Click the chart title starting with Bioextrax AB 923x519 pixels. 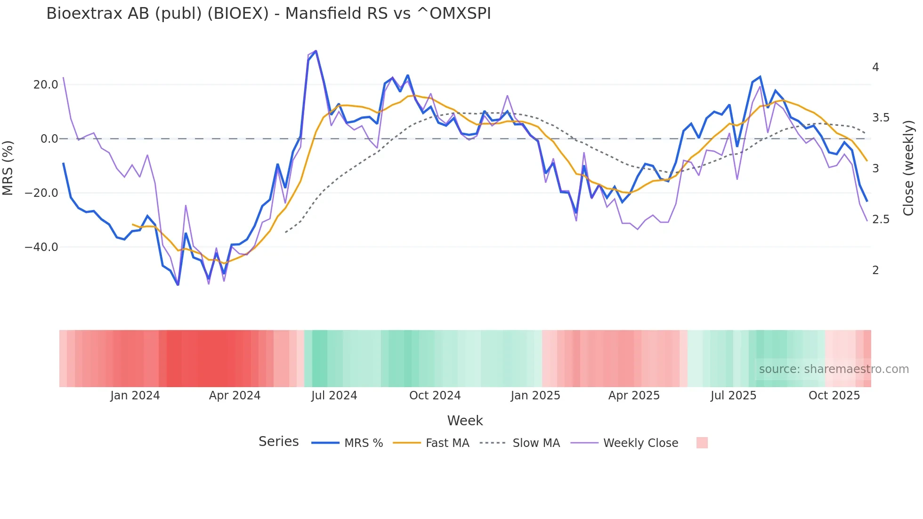268,14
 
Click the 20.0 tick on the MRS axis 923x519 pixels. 46,85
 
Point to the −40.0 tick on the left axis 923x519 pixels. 41,247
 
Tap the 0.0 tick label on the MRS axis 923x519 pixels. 49,139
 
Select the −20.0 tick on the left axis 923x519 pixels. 41,193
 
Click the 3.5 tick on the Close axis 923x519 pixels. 881,118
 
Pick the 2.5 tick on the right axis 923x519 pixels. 881,219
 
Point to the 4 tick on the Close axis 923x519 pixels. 875,67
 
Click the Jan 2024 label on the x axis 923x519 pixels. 135,396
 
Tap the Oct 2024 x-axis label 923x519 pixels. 435,396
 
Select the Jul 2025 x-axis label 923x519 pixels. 733,396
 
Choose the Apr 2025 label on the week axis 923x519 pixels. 634,396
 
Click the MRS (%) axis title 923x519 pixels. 8,168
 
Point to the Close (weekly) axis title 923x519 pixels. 908,168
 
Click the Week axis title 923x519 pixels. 465,421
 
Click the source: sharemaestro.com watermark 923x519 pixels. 834,369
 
